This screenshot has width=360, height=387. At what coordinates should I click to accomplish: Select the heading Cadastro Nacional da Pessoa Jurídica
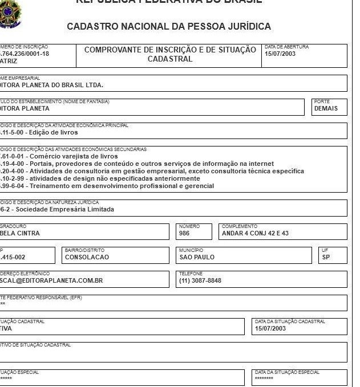pyautogui.click(x=169, y=26)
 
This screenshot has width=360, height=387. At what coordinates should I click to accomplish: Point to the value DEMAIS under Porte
pyautogui.click(x=326, y=108)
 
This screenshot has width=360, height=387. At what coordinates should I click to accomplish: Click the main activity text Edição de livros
pyautogui.click(x=46, y=132)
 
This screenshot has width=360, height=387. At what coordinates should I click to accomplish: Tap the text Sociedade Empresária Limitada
pyautogui.click(x=63, y=209)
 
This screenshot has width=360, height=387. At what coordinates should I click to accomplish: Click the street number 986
pyautogui.click(x=184, y=233)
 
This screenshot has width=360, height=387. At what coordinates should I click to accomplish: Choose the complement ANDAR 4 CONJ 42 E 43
pyautogui.click(x=255, y=233)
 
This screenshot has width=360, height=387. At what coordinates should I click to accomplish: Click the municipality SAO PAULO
pyautogui.click(x=197, y=257)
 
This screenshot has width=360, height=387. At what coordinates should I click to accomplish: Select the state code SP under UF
pyautogui.click(x=326, y=257)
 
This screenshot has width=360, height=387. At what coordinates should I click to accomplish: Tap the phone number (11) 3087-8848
pyautogui.click(x=200, y=280)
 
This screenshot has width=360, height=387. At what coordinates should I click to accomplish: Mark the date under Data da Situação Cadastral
pyautogui.click(x=270, y=328)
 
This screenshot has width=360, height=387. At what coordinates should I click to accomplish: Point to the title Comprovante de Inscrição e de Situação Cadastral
pyautogui.click(x=170, y=54)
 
